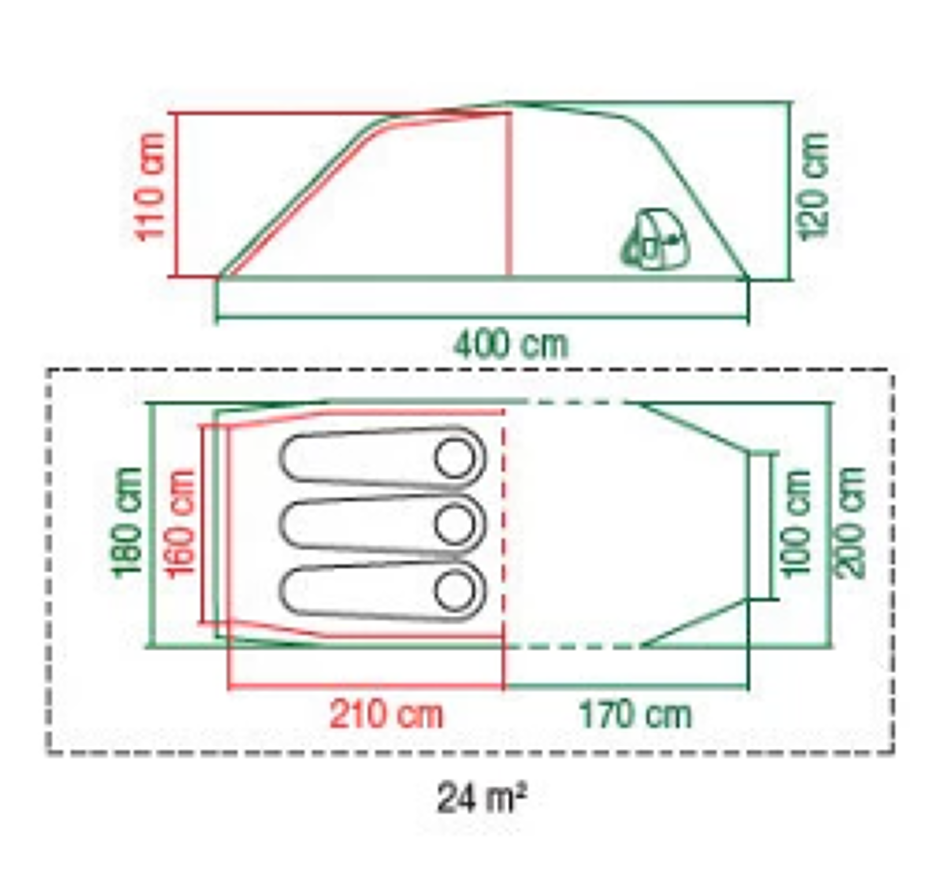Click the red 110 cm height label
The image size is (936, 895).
151,187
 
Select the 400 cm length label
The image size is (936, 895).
511,345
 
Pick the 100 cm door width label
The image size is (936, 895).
797,523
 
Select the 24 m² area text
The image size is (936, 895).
481,798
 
